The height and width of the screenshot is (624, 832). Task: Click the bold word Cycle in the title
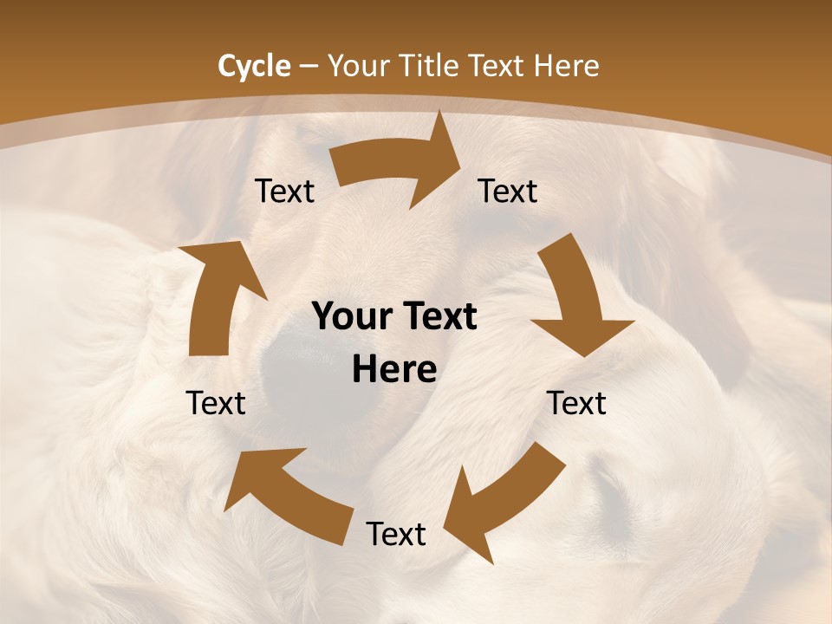(x=254, y=66)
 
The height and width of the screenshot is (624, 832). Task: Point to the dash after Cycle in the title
(x=309, y=67)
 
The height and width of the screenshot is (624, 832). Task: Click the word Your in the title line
(x=355, y=66)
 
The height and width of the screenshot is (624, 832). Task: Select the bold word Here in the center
(x=394, y=370)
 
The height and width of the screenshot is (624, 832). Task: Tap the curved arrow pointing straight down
(x=576, y=299)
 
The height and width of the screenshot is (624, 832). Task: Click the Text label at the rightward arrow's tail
(x=284, y=191)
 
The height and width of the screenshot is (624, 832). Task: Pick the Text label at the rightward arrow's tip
(x=508, y=191)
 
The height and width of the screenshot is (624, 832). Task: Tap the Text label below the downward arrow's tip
(x=576, y=403)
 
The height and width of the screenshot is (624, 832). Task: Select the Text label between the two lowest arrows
(x=396, y=534)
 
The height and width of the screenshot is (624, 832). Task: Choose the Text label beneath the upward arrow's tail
(x=216, y=403)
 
